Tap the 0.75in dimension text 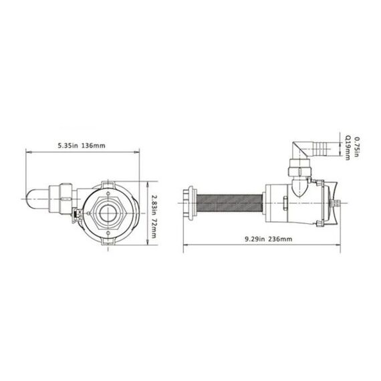(x=357, y=138)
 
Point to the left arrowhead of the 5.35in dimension (x=27, y=152)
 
